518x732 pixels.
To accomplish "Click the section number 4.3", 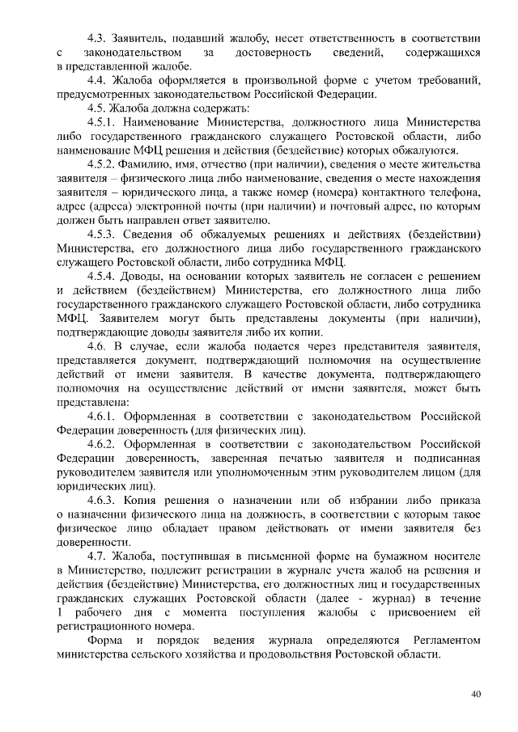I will [x=98, y=38].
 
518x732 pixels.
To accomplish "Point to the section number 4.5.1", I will [x=102, y=121].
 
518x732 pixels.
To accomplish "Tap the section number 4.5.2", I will [x=102, y=163].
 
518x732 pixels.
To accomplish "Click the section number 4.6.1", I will [x=102, y=416].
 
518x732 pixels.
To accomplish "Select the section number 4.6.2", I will [x=102, y=444].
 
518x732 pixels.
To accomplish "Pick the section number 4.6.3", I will [x=102, y=500].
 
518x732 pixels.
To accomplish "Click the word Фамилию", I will [x=156, y=163].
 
